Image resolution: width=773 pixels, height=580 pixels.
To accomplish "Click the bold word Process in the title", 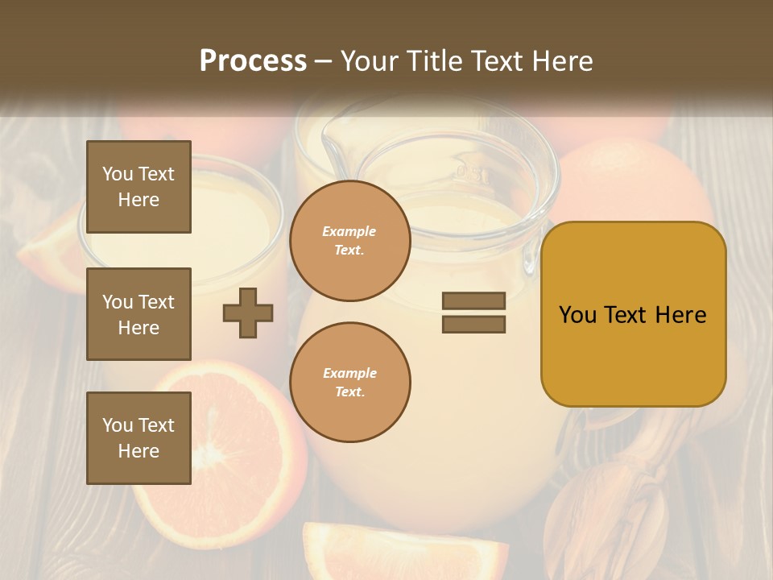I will (253, 61).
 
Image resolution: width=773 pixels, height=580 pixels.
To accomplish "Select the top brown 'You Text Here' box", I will (138, 187).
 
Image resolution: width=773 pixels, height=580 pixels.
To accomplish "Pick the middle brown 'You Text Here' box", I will (138, 314).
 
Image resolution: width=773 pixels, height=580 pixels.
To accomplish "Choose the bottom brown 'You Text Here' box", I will (138, 437).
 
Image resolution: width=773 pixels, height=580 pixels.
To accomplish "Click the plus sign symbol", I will (248, 313).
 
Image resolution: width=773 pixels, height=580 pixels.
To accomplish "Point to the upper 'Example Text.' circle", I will (349, 241).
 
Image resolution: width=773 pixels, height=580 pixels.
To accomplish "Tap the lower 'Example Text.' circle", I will (349, 383).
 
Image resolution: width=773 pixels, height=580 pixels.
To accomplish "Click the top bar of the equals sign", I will (473, 300).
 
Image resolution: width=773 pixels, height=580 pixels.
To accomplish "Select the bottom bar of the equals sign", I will (473, 325).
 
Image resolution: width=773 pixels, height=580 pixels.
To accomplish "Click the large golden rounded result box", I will (633, 314).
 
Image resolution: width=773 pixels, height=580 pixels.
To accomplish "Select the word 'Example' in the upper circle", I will (349, 231).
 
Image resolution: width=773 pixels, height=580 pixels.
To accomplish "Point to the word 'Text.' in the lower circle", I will (349, 392).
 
